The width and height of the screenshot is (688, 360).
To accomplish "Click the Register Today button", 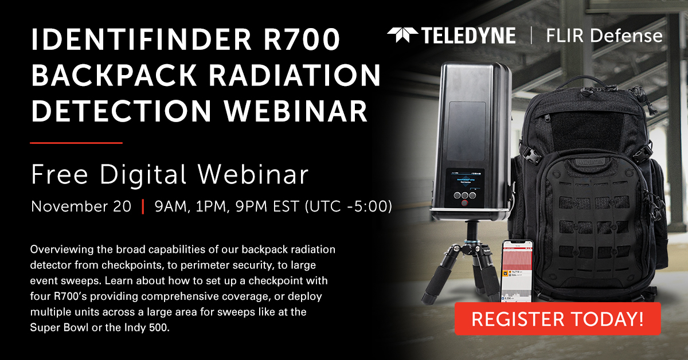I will pos(557,318).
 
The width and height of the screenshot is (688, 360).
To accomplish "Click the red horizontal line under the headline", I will pos(76,142).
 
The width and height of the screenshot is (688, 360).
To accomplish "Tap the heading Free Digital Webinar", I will pos(170,175).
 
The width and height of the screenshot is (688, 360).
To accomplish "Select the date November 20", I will pos(81,206).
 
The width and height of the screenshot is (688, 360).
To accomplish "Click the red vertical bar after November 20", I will pos(143,206).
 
